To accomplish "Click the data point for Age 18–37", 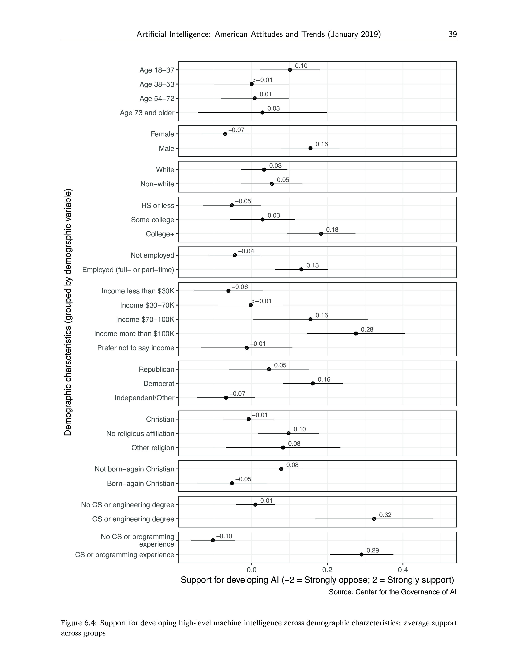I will click(x=290, y=70).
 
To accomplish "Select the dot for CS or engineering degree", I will click(x=374, y=519).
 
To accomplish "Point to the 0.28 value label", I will click(x=367, y=330).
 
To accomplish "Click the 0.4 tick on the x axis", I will click(x=403, y=570).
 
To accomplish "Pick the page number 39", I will click(x=453, y=34).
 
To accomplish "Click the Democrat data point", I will click(x=313, y=384).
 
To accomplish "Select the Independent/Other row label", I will click(x=144, y=398).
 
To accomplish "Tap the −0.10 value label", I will click(x=224, y=536).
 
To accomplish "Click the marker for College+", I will click(x=321, y=234).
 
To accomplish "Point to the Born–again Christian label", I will click(x=141, y=483).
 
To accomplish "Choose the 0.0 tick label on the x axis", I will click(x=252, y=570).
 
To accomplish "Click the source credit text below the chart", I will click(x=392, y=592).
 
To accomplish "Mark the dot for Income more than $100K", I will click(x=356, y=333).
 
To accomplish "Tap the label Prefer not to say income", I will click(x=136, y=348).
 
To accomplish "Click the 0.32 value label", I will click(x=385, y=515).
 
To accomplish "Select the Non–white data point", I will click(x=272, y=184).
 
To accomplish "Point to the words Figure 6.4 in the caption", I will click(x=79, y=623).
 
